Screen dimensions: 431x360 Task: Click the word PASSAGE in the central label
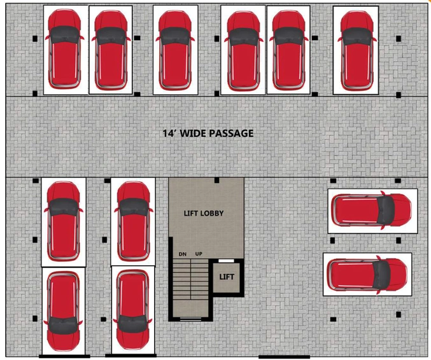[x=231, y=133]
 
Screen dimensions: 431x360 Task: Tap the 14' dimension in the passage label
[x=167, y=133]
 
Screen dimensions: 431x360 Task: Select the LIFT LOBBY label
[x=204, y=213]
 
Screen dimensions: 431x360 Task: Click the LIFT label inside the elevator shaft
[x=227, y=277]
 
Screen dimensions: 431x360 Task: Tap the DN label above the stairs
[x=183, y=254]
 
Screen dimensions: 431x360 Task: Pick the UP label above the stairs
[x=199, y=254]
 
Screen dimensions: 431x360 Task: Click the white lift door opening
[x=226, y=261]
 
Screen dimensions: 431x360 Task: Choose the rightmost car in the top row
[x=357, y=51]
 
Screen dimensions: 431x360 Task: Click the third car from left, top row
[x=175, y=51]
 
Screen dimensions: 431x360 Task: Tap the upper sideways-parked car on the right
[x=371, y=211]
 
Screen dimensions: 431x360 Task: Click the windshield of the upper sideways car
[x=386, y=211]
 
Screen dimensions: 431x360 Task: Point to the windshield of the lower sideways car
[x=381, y=275]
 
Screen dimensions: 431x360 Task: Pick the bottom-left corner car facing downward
[x=63, y=312]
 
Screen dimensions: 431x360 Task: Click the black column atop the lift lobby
[x=216, y=180]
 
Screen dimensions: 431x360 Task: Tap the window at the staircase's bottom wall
[x=190, y=319]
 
